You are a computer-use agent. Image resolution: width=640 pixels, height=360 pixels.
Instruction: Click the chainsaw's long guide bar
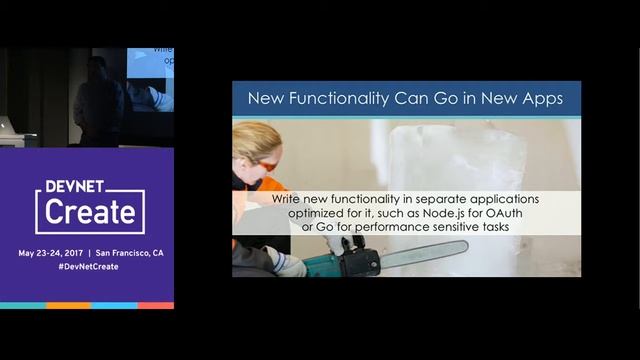point(420,256)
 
